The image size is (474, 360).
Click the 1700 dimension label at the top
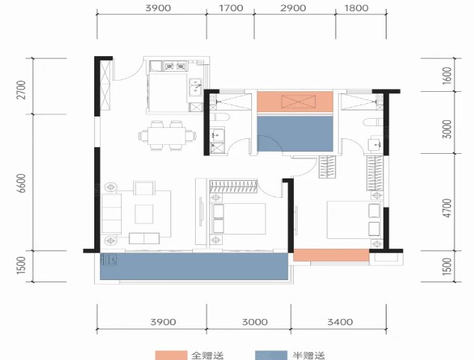[x=231, y=8]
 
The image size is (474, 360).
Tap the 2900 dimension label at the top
[x=293, y=8]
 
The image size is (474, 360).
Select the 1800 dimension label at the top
[x=357, y=8]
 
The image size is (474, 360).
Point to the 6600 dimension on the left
[x=22, y=183]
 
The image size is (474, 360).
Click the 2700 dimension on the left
[x=22, y=90]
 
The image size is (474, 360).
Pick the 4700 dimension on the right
[x=447, y=208]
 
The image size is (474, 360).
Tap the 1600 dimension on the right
[x=447, y=75]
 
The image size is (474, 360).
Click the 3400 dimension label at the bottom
[x=340, y=322]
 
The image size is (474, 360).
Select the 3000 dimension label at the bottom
[x=254, y=322]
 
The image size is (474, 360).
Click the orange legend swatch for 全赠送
[x=170, y=356]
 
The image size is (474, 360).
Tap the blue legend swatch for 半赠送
[x=271, y=356]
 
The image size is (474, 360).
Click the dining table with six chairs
[x=167, y=135]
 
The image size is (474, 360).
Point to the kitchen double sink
[x=196, y=87]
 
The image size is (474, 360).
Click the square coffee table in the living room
[x=144, y=214]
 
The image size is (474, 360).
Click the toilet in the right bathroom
[x=374, y=122]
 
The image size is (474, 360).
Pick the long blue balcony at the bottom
[x=194, y=267]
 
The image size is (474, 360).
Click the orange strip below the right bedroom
[x=331, y=255]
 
